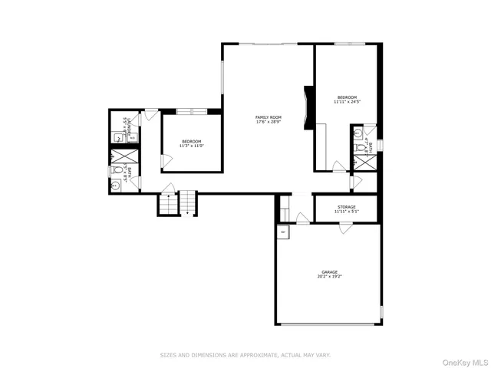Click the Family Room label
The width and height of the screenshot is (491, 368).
pos(269,117)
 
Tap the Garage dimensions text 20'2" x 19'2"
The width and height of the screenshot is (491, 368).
pos(329,277)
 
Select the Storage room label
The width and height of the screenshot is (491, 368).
pos(347,207)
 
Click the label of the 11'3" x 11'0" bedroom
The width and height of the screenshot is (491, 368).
pos(191,141)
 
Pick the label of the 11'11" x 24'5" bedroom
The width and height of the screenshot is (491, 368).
pos(347,97)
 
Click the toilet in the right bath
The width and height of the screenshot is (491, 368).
pos(359,147)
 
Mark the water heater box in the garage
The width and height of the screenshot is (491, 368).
pos(283,232)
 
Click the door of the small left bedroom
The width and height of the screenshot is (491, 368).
pos(165,160)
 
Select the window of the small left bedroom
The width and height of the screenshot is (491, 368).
pos(191,112)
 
